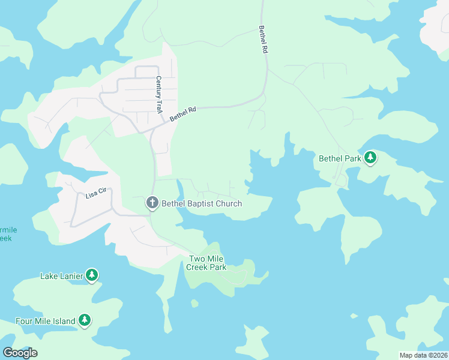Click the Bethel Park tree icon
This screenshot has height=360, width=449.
[371, 158]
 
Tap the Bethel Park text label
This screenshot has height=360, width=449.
[340, 159]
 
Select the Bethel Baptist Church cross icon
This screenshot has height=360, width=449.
[152, 203]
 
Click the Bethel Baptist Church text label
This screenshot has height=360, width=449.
[202, 203]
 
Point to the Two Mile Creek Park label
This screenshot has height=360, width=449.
[208, 263]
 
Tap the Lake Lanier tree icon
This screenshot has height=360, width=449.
[91, 275]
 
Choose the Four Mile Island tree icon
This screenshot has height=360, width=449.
[85, 320]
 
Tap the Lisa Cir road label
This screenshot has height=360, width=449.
[95, 194]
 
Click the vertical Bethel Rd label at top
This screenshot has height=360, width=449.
[262, 40]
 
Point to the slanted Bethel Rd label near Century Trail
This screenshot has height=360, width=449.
[183, 114]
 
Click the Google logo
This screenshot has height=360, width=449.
[20, 353]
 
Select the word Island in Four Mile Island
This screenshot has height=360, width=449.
[64, 321]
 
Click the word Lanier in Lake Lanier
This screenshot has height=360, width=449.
[70, 276]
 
